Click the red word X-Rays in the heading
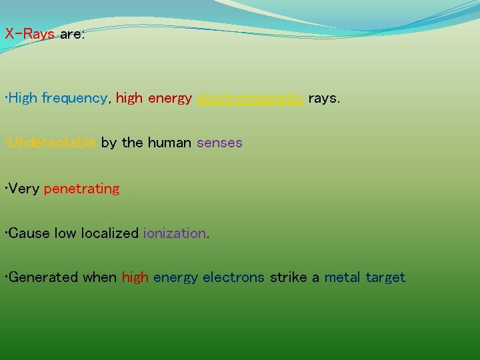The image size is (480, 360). [x=29, y=34]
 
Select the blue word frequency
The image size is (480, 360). [x=74, y=99]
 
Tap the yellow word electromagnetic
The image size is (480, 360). [x=251, y=99]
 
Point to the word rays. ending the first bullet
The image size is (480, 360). [x=324, y=99]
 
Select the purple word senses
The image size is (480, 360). [x=219, y=143]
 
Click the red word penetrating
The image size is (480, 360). [x=81, y=189]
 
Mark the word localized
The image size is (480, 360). [x=110, y=233]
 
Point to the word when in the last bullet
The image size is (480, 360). [x=100, y=277]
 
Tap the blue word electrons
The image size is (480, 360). [x=233, y=277]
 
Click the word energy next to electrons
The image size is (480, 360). [x=175, y=278]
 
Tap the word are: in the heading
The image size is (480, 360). [x=72, y=34]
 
